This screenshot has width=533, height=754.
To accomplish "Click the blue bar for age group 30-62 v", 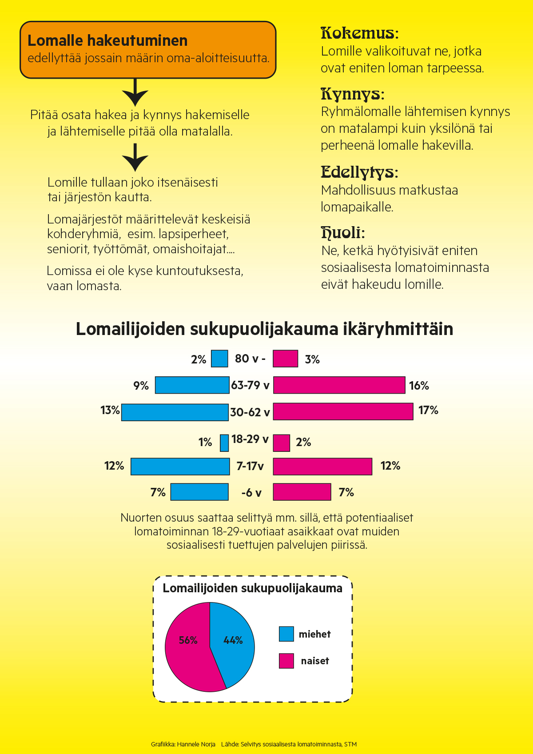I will [x=175, y=412].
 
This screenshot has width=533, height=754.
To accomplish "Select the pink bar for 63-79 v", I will [x=339, y=385].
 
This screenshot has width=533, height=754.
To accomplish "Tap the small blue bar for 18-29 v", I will [x=224, y=443].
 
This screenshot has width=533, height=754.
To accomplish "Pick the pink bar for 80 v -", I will [x=285, y=359].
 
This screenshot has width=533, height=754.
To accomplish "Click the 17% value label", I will [x=428, y=411].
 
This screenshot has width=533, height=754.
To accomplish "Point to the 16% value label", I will [x=419, y=386].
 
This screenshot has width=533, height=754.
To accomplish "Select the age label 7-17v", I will [x=250, y=466].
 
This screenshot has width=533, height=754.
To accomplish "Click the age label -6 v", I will [x=251, y=493].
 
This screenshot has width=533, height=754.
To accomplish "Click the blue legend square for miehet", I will [x=286, y=634].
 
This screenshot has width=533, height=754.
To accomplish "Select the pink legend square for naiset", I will [x=286, y=661].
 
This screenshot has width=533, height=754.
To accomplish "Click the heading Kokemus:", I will [x=360, y=33].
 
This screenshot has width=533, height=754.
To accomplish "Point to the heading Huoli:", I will [x=343, y=232].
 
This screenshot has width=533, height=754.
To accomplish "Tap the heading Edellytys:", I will [x=359, y=172].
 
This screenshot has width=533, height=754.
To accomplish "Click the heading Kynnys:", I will [x=352, y=94].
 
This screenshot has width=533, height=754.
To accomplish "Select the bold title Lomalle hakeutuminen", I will [x=107, y=41].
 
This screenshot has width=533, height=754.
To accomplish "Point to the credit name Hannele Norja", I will [x=196, y=744].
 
